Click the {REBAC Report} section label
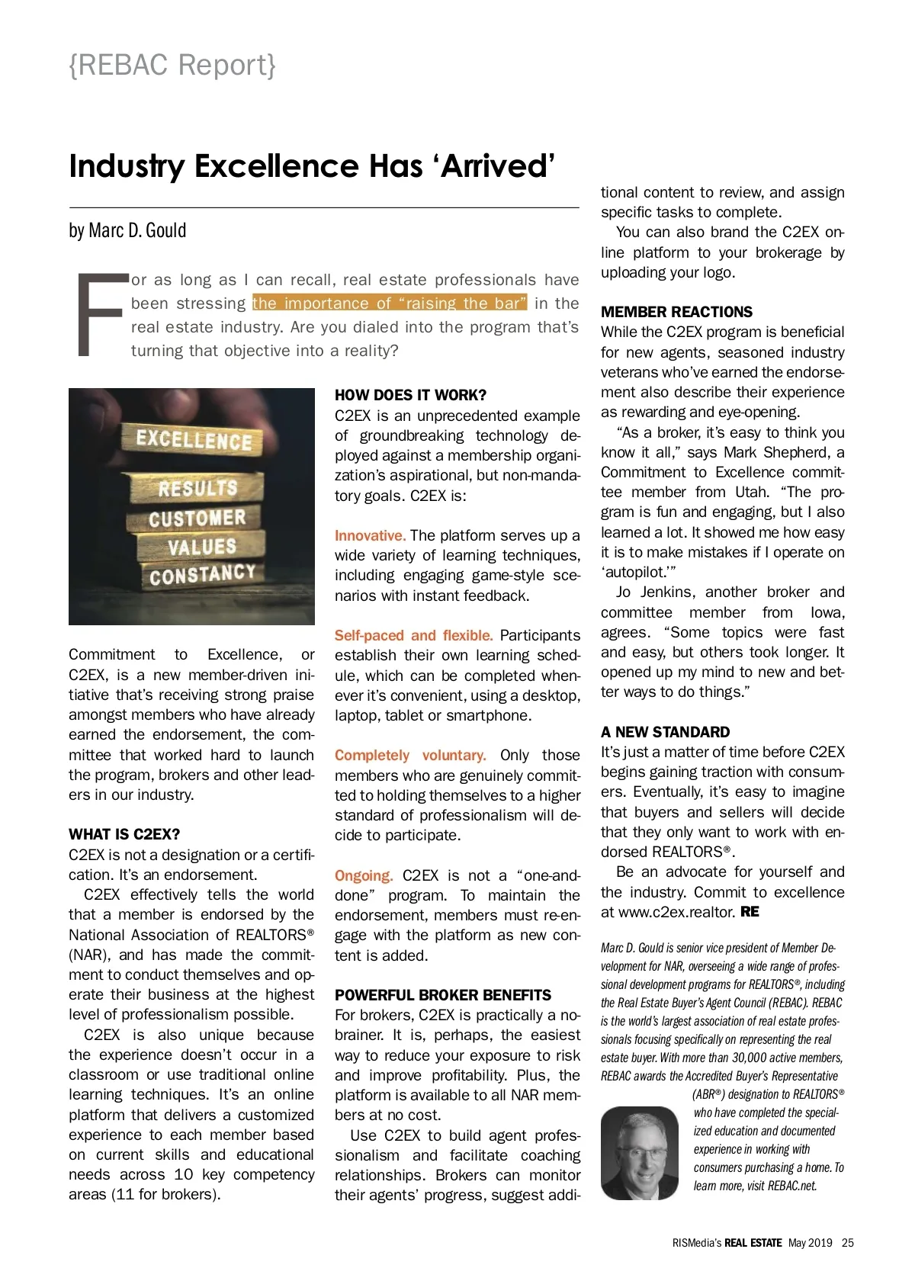172,66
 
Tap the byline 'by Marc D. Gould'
127,230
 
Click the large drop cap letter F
100,314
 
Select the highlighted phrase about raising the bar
390,303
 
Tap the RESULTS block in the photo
197,488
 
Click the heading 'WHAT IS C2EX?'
124,834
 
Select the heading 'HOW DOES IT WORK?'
410,395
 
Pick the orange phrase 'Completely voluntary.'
410,755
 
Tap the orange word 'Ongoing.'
364,875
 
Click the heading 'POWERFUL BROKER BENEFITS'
443,995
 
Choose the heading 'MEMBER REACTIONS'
676,312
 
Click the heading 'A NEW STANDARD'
665,732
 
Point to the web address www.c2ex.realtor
676,912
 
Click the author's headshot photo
639,1152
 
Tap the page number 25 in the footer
848,1242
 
